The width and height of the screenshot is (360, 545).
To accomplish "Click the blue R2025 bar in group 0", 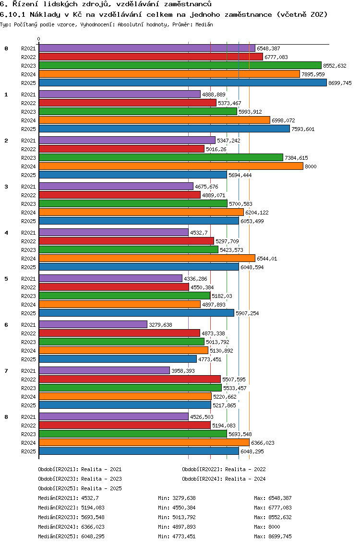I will point(182,83).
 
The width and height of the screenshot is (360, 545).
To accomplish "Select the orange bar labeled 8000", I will point(170,166).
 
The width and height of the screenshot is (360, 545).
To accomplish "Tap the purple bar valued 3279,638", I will point(93,325).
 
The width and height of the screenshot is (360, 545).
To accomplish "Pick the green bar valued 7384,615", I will point(161,158).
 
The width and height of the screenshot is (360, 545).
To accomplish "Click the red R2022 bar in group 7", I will point(130,379).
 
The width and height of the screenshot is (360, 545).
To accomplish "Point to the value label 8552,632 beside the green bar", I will point(335,66).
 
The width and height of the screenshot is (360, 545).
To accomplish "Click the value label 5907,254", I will point(247,313).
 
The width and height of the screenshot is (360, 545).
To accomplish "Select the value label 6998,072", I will point(283,120).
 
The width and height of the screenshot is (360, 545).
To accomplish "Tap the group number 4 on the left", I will point(6,233).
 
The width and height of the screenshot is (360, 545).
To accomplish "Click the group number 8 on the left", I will point(6,417).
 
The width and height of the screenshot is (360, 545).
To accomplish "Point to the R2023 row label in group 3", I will point(28,204).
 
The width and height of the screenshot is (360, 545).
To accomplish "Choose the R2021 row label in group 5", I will point(28,279).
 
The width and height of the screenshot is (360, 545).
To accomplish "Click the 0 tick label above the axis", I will point(39,39).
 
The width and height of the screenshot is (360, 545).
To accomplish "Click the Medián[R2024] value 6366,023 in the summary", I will point(93,527).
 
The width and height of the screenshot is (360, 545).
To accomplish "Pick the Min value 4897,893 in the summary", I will point(184,527).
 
